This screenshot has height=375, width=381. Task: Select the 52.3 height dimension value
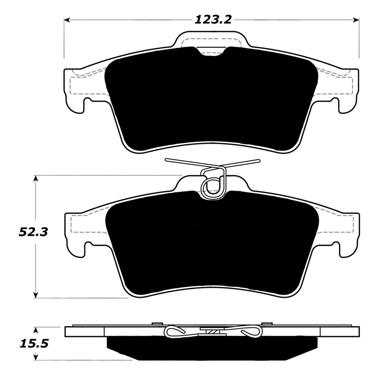coord(33,232)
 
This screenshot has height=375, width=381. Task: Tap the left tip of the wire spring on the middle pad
coord(167,160)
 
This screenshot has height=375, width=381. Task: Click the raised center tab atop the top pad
coord(212,39)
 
